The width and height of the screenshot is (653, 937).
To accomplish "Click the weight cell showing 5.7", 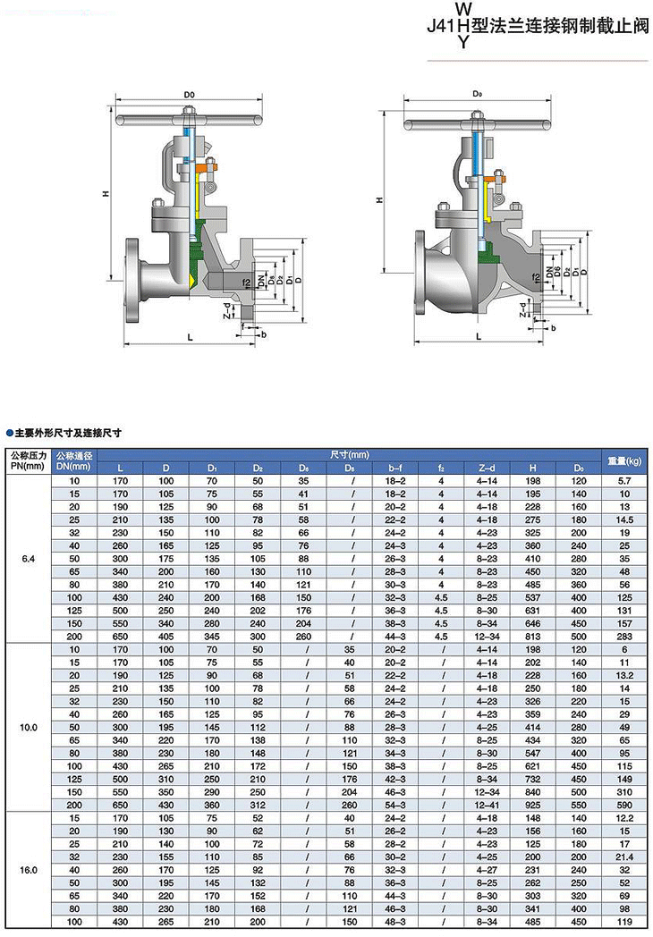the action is click(624, 480).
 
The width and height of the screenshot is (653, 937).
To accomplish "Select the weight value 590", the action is click(624, 805).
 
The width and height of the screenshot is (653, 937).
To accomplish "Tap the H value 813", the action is click(532, 637).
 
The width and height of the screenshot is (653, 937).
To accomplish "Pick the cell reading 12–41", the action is click(487, 805).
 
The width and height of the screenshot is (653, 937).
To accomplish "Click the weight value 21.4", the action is click(624, 857).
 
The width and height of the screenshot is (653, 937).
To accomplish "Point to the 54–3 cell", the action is click(394, 805).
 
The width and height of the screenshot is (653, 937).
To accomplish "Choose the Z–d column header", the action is click(487, 468).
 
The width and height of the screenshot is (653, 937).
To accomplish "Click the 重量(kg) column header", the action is click(624, 460).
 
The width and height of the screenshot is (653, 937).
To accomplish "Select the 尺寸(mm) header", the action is click(350, 455).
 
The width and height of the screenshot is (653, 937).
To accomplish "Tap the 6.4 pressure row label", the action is click(28, 559).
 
